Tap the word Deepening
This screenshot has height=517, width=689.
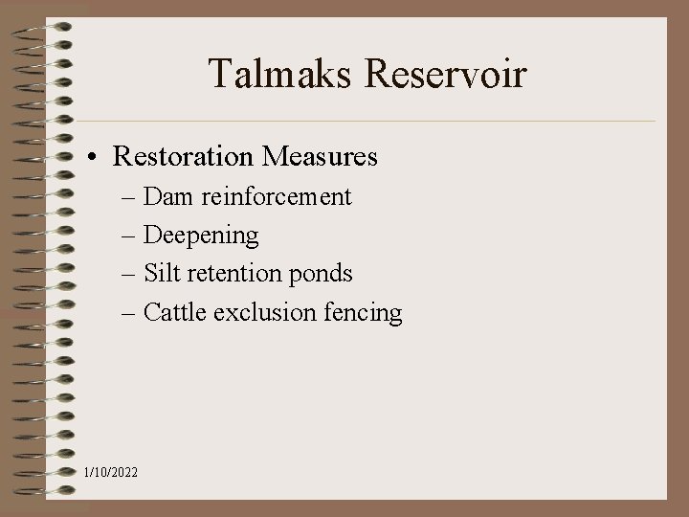point(201,236)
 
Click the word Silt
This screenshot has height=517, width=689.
point(162,274)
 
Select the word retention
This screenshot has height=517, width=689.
point(233,274)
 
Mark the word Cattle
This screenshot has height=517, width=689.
point(175,312)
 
